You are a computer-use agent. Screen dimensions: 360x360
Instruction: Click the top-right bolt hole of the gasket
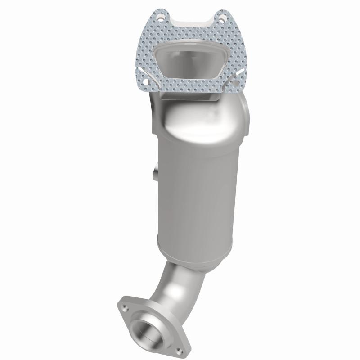point(221,18)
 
